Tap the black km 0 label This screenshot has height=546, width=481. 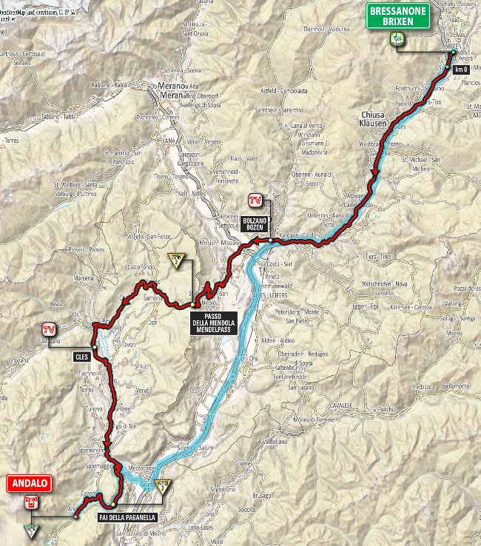pos(461,70)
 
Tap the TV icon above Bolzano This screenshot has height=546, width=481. pos(255,201)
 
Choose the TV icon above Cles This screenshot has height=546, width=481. pos(50,329)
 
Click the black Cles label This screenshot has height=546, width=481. pos(81,357)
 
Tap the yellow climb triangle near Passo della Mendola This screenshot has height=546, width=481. pos(177,259)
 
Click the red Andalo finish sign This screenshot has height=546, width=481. pos(28,484)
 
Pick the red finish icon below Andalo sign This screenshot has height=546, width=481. pos(30,503)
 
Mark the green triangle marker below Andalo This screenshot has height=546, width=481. pos(30,530)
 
